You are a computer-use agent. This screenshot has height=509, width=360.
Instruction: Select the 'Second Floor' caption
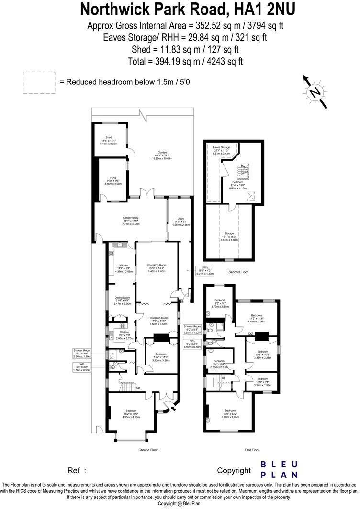[x=238, y=272]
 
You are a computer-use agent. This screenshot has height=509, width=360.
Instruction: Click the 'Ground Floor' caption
[x=148, y=450]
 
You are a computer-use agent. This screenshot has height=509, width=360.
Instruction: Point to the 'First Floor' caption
[x=251, y=450]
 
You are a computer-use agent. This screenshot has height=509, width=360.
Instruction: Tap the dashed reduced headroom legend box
[x=39, y=82]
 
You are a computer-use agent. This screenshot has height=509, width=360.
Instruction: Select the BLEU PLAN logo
[x=280, y=469]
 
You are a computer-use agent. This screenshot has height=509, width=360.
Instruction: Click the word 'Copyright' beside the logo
[x=234, y=470]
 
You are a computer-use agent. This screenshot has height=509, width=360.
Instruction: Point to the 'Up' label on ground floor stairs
[x=138, y=387]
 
